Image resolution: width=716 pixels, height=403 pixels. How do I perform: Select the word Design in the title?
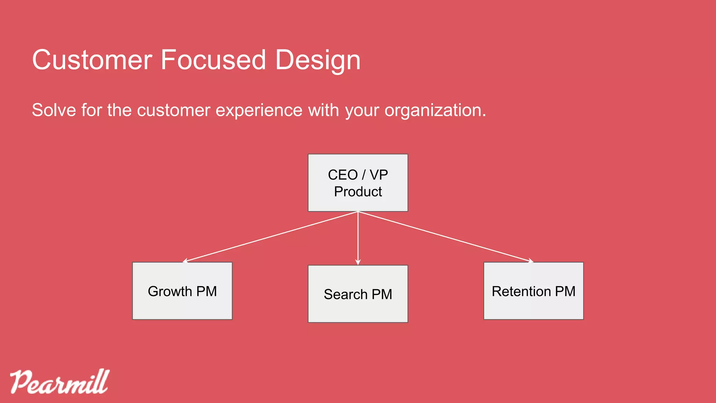click(x=317, y=61)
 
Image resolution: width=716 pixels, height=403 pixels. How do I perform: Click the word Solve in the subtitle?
click(x=54, y=110)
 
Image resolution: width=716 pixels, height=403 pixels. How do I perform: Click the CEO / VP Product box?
click(x=358, y=183)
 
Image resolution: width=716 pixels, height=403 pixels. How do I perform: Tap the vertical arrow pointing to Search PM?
click(x=358, y=238)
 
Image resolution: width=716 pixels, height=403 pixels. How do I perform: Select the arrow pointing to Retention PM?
click(x=446, y=236)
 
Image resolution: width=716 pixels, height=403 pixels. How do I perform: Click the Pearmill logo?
click(x=59, y=382)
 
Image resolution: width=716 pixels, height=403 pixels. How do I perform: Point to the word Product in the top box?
click(x=358, y=192)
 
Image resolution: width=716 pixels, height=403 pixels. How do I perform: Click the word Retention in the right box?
click(x=521, y=291)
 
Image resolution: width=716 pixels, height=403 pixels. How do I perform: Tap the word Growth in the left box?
click(x=170, y=291)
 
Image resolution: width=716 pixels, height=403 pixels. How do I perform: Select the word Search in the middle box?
click(x=345, y=295)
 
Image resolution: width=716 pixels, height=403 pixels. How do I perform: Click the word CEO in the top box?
click(x=343, y=175)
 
